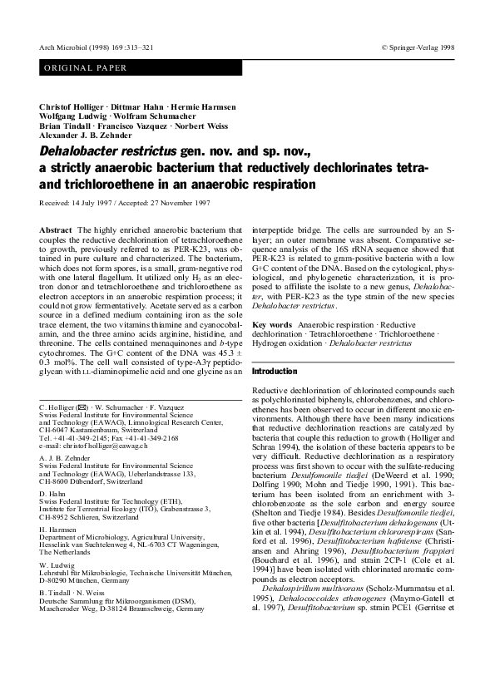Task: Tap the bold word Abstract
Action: pyautogui.click(x=55, y=229)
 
